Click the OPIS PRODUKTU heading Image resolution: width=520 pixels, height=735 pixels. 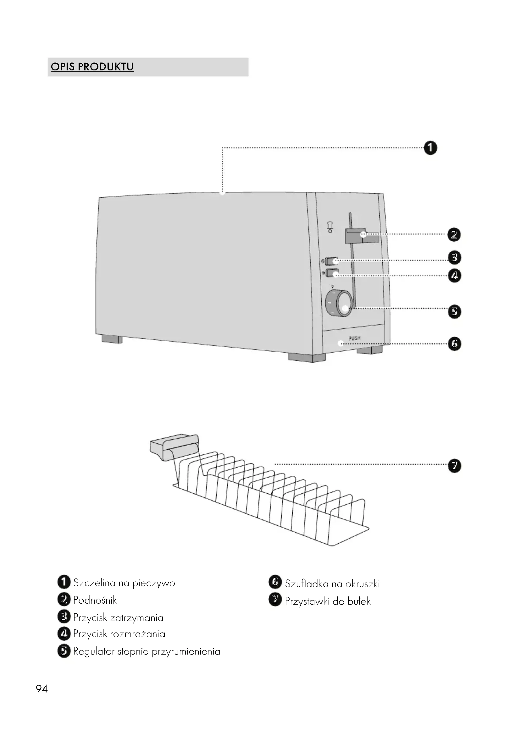tap(92, 67)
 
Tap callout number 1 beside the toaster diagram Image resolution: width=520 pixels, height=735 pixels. tap(430, 148)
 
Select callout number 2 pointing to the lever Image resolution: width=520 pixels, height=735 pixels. tap(454, 235)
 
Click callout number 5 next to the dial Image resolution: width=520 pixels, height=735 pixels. tap(454, 311)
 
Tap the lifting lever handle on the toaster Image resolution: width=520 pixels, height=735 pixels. tap(362, 236)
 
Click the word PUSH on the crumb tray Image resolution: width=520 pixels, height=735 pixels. tap(354, 338)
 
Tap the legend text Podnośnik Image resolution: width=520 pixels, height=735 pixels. tap(95, 600)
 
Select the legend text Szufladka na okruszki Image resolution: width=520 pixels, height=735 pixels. tap(332, 584)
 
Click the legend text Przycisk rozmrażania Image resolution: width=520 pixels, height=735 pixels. tap(119, 634)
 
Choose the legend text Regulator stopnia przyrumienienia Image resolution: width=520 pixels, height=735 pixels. tap(147, 651)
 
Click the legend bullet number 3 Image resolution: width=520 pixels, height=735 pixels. tap(64, 617)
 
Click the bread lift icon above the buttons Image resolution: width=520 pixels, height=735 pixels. tap(330, 226)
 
